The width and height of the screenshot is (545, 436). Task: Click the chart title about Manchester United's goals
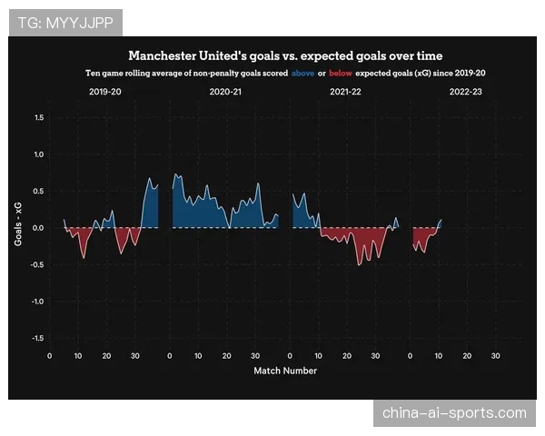285,54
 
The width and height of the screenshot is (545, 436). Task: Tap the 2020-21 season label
225,93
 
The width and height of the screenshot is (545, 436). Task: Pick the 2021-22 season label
345,93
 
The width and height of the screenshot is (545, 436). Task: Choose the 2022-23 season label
465,93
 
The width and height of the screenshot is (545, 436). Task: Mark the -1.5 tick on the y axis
38,338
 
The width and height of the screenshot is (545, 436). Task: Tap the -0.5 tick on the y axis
38,264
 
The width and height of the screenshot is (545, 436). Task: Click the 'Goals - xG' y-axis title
18,227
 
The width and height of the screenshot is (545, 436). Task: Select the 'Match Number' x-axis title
285,371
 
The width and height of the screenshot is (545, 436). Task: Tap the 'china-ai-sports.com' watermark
454,413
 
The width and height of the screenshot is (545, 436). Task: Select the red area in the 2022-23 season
421,238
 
